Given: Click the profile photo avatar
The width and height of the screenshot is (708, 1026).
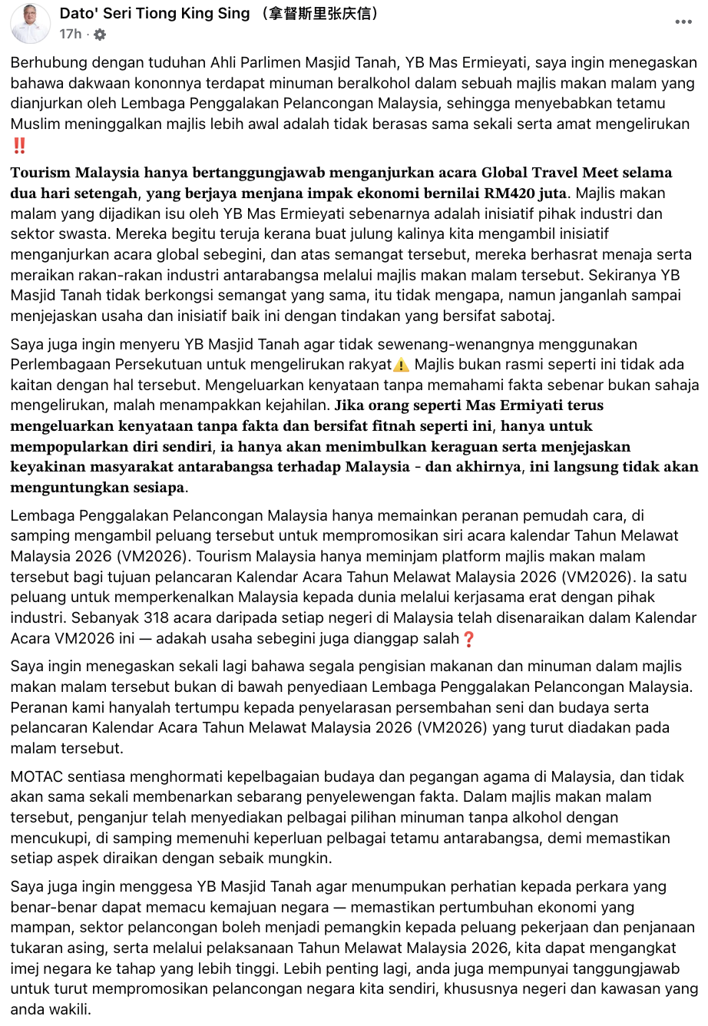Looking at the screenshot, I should click(31, 23).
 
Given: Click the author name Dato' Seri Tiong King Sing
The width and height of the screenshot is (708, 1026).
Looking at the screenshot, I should click(154, 13).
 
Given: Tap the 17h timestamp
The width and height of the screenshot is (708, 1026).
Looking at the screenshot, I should click(70, 34).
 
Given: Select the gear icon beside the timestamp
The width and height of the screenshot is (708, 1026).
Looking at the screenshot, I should click(100, 35).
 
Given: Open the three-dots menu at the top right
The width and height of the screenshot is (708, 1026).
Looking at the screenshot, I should click(683, 22).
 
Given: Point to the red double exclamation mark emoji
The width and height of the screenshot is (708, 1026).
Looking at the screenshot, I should click(19, 145).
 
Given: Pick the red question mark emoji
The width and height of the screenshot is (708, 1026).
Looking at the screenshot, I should click(468, 638).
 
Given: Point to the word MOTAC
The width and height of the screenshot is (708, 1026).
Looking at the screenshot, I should click(35, 776).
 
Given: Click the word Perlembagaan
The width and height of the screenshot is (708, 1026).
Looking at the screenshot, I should click(55, 365).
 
